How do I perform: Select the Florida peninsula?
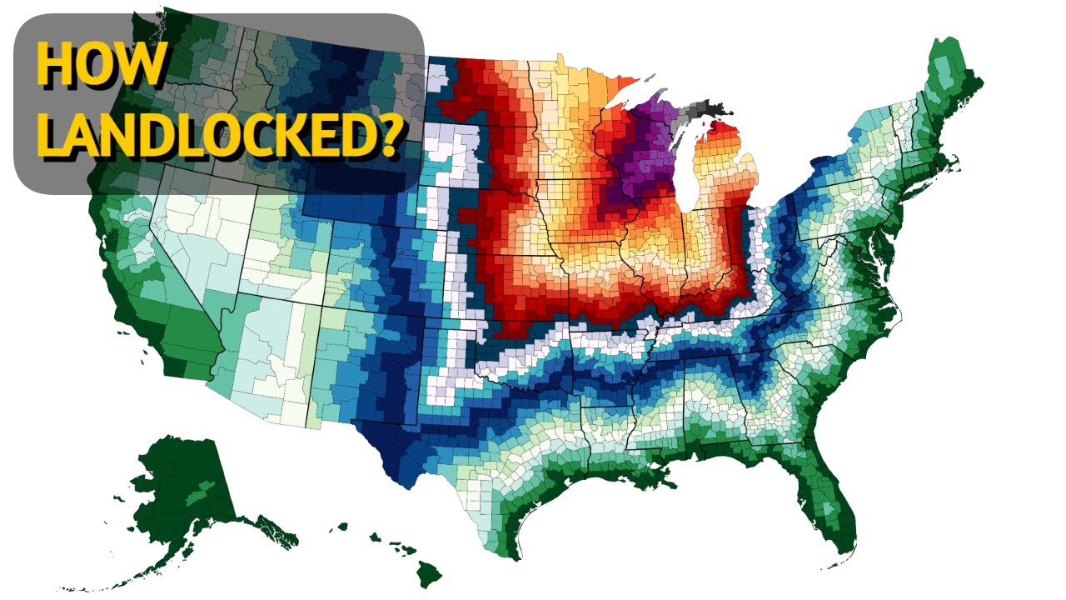pos(833,492)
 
